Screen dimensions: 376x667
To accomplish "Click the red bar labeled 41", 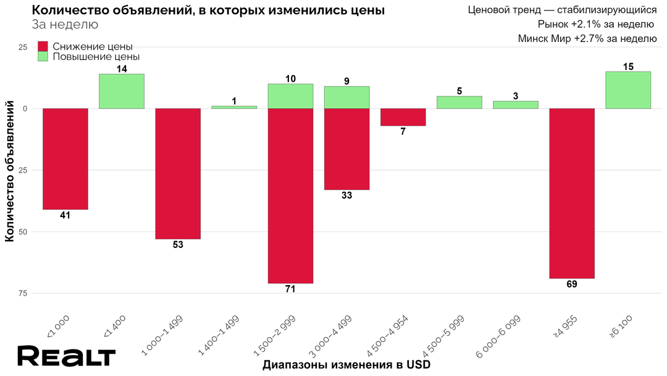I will (65, 159).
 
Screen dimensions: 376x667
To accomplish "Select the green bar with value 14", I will (122, 92).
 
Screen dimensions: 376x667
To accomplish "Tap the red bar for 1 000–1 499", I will (178, 174).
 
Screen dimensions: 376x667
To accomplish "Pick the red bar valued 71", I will (290, 195).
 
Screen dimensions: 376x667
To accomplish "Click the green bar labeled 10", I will (290, 96).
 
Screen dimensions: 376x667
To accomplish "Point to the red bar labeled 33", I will (346, 149).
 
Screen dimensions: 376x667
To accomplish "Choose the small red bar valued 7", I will (403, 117).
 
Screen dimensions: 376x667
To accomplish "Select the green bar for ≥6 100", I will (628, 90).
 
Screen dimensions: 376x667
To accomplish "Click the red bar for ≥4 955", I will (572, 194).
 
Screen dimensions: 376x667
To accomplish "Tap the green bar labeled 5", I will (459, 103).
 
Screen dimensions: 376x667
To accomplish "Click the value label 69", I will (572, 284).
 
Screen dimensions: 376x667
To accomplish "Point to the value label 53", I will (178, 245).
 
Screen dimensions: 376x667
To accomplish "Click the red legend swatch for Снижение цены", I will (43, 46).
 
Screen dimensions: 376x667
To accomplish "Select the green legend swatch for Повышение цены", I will (43, 56).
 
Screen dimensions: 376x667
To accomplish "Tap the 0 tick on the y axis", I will (25, 109).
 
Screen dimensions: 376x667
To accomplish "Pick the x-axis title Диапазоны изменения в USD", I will (346, 365).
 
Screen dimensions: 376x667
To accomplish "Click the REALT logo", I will (66, 356).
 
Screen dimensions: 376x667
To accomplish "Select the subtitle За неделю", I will (64, 25).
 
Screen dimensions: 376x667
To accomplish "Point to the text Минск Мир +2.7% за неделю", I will (587, 38).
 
